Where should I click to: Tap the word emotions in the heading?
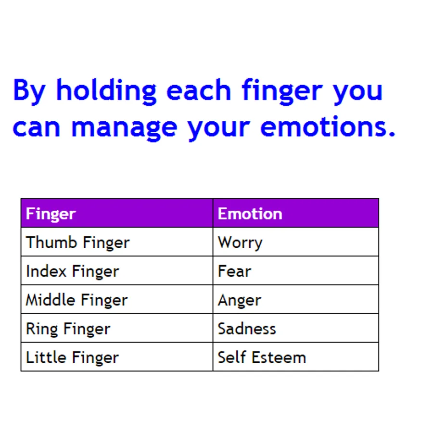coord(328,127)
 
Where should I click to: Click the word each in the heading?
coord(199,90)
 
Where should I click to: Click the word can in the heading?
coord(37,127)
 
